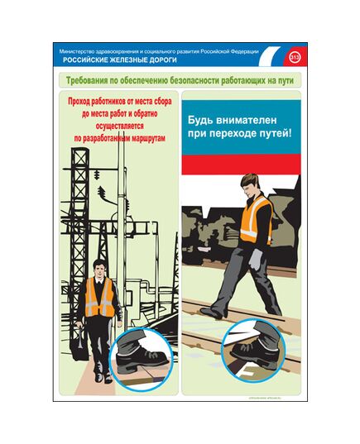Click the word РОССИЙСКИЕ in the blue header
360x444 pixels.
[85, 60]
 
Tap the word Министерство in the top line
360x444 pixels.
[78, 52]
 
